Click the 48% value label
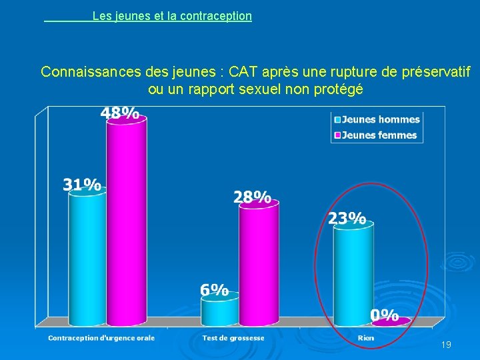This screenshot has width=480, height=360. [120, 113]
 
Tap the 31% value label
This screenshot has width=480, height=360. [82, 185]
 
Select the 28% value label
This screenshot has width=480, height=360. [252, 197]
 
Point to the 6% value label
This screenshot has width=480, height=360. [215, 290]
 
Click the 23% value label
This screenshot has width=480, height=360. [347, 218]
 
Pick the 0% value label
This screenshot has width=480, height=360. [384, 315]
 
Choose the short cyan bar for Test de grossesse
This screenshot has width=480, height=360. [219, 312]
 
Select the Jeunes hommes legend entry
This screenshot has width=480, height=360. [377, 120]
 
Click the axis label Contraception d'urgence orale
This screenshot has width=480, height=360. [101, 338]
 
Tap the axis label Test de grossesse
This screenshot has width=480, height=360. [233, 338]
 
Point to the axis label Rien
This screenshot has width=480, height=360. [365, 338]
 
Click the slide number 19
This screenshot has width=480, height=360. [446, 345]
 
